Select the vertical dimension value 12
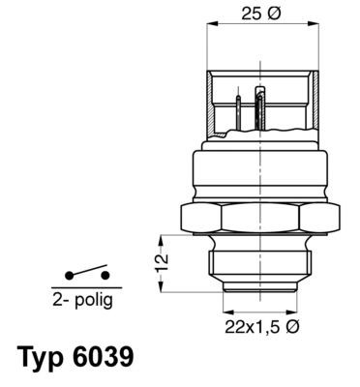163,260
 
